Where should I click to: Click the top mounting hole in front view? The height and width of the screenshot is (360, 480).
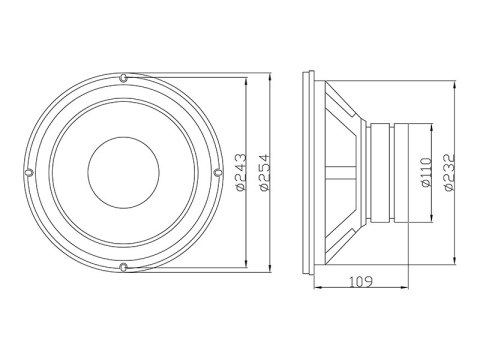[122, 77]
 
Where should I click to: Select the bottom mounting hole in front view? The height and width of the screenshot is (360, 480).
[122, 266]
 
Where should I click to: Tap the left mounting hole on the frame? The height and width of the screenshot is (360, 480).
[29, 172]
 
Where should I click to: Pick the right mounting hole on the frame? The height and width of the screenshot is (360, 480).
[217, 172]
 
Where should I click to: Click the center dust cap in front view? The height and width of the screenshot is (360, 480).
[122, 172]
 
